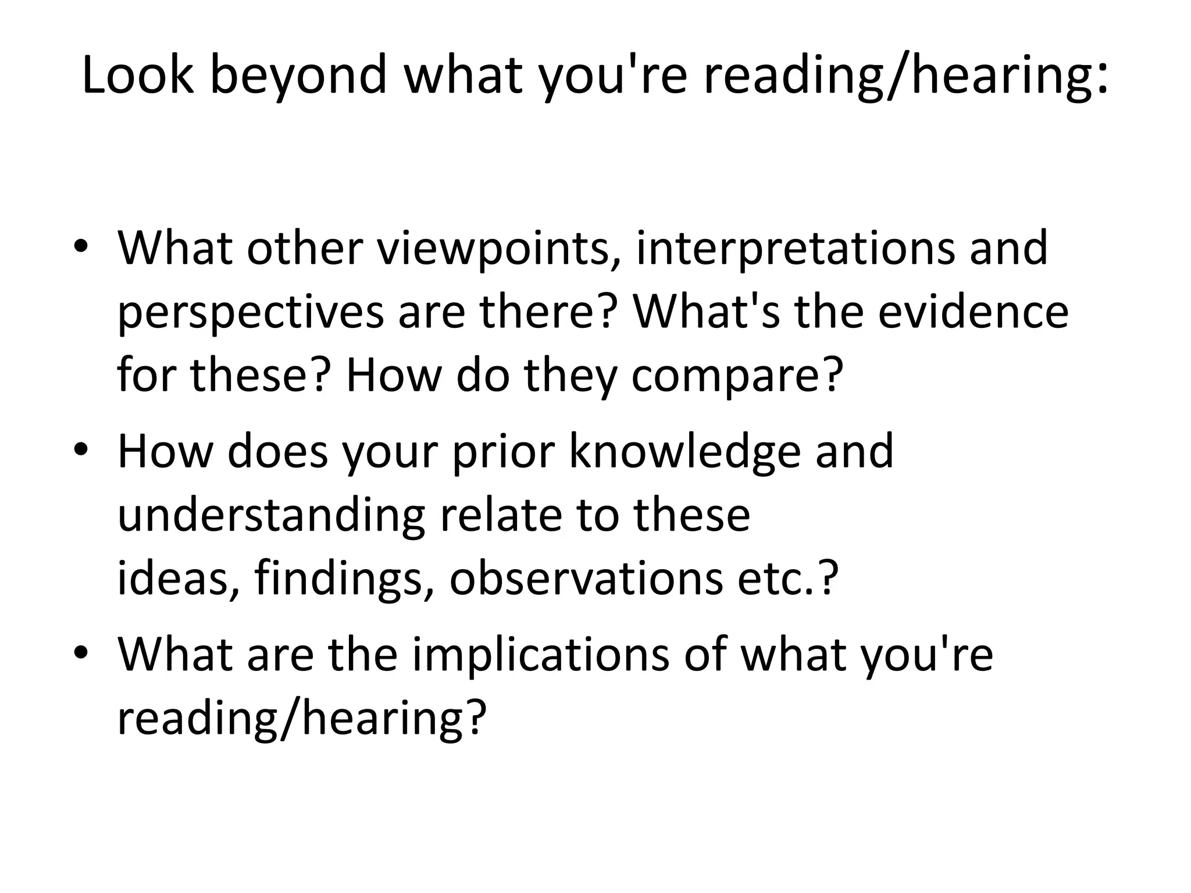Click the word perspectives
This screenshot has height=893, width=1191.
(x=251, y=312)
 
